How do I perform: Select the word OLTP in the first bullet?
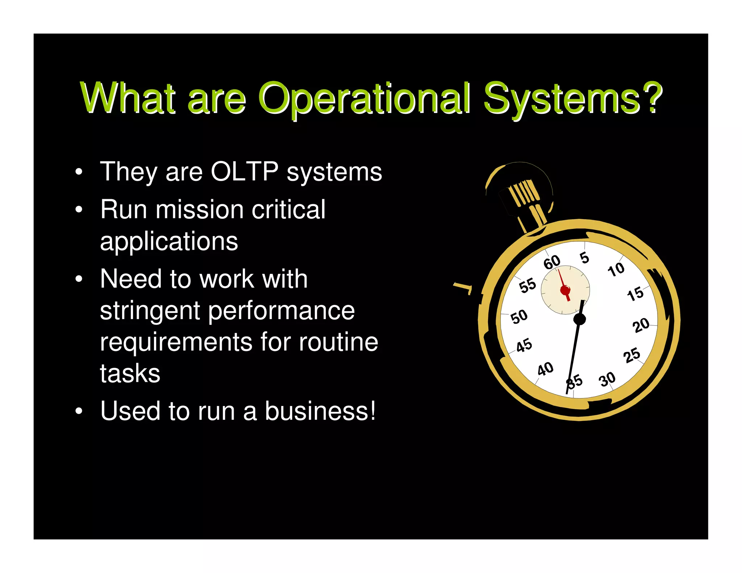pyautogui.click(x=245, y=171)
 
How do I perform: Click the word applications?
pyautogui.click(x=169, y=241)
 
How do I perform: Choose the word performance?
pyautogui.click(x=282, y=311)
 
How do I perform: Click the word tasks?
pyautogui.click(x=130, y=374)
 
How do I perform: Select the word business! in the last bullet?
pyautogui.click(x=320, y=411)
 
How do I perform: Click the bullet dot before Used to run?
pyautogui.click(x=79, y=411)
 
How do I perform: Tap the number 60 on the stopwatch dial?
pyautogui.click(x=552, y=262)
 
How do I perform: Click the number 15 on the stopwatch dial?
pyautogui.click(x=635, y=294)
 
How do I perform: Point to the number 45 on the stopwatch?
pyautogui.click(x=524, y=345)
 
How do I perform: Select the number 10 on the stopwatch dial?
pyautogui.click(x=616, y=269)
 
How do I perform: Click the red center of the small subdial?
pyautogui.click(x=565, y=290)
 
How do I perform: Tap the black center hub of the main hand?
pyautogui.click(x=580, y=319)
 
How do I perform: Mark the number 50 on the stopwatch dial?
pyautogui.click(x=519, y=316)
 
